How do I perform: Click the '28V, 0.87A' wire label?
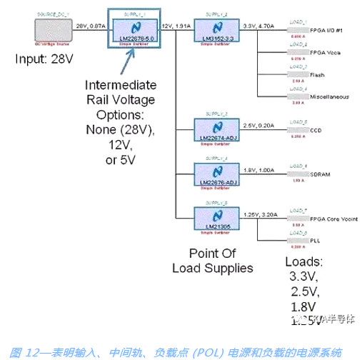pyautogui.click(x=90, y=25)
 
